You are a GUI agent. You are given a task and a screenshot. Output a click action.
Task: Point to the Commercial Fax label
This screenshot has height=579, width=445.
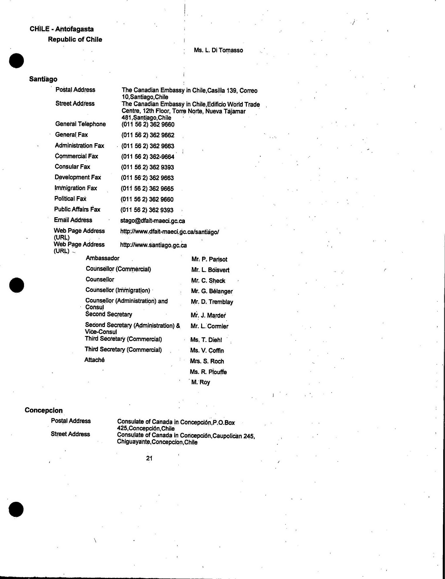click(x=76, y=156)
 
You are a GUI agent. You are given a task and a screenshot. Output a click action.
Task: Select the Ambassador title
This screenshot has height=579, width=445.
click(x=102, y=258)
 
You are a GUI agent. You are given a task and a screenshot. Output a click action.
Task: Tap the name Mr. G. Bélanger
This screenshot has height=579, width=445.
click(x=212, y=291)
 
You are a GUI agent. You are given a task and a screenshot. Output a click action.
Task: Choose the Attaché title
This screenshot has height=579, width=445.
click(x=94, y=360)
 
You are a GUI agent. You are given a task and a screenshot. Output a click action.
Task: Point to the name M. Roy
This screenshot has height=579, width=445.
click(x=200, y=382)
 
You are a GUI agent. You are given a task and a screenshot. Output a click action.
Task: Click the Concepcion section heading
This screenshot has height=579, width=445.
click(x=44, y=410)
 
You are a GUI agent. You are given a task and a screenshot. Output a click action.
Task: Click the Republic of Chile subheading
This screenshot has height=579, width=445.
click(x=75, y=39)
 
